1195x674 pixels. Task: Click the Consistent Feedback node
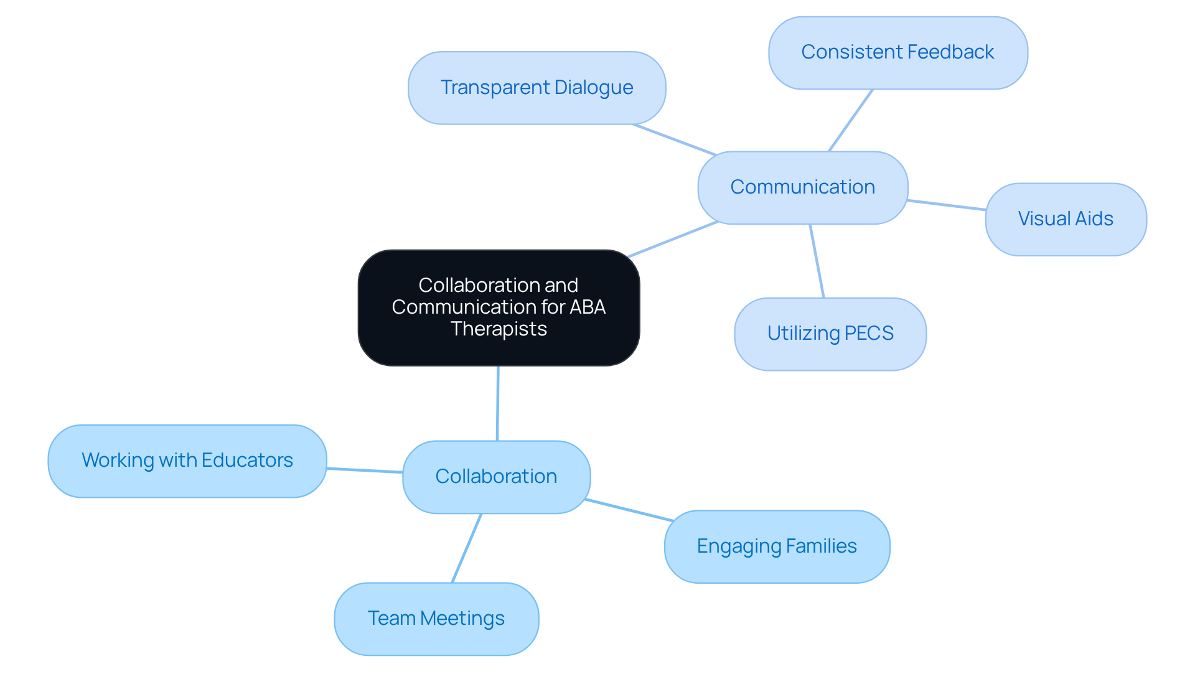point(897,53)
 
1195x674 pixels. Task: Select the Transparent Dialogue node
point(537,88)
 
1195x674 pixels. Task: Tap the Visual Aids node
point(1066,219)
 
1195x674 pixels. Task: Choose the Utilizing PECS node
point(830,334)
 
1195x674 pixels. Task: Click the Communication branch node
point(802,187)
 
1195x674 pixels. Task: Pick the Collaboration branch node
point(496,477)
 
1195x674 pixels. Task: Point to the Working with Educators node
point(187,461)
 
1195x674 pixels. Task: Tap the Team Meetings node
point(436,619)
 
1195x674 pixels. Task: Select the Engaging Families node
point(776,546)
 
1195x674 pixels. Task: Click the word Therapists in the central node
point(499,329)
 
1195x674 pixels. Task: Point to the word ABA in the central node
point(588,307)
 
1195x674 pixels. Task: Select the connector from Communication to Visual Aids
point(946,205)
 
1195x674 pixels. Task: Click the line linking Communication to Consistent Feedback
point(850,121)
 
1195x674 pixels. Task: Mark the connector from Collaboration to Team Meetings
point(466,548)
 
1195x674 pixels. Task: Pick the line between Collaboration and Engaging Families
point(629,510)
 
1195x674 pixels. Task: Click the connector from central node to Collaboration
point(497,403)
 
